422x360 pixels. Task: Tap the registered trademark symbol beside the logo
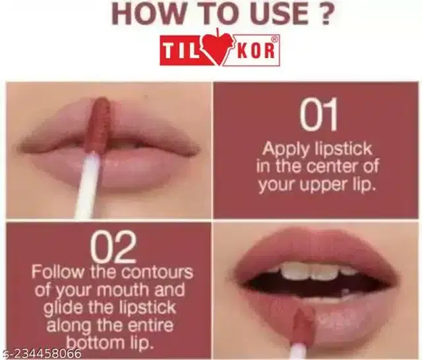point(274,39)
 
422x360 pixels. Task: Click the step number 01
point(318,114)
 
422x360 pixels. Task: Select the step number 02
point(113,248)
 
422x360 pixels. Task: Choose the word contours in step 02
point(157,272)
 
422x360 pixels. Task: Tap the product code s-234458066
point(41,353)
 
